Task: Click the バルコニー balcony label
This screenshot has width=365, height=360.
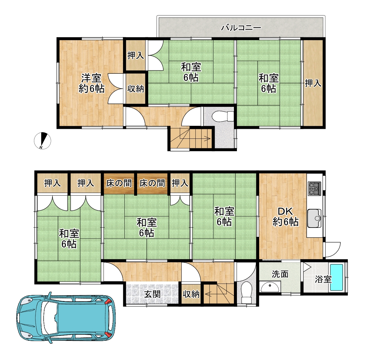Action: click(241, 28)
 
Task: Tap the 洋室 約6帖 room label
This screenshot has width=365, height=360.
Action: click(91, 83)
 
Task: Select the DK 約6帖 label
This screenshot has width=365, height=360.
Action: click(286, 217)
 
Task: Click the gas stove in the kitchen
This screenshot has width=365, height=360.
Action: click(314, 188)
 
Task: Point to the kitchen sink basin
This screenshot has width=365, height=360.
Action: click(314, 218)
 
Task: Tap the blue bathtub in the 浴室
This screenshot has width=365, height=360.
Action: click(337, 277)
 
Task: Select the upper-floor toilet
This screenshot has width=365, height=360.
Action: click(223, 116)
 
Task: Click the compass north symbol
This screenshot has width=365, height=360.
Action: click(42, 141)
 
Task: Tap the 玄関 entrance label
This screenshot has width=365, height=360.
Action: click(152, 294)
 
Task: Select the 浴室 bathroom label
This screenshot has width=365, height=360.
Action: click(323, 280)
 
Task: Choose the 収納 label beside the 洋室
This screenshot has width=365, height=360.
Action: click(135, 89)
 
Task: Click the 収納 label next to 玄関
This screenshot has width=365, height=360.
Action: click(191, 294)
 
